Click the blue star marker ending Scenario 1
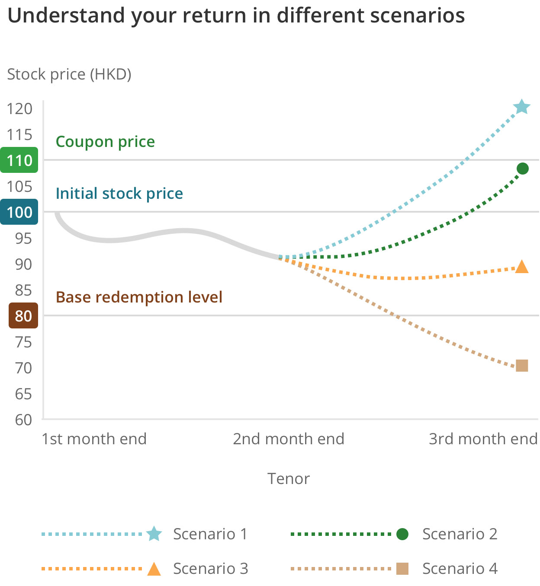(522, 107)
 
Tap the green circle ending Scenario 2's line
(522, 169)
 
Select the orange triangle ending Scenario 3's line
(522, 267)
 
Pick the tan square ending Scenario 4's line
(522, 366)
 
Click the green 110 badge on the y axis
(19, 160)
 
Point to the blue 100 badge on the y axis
(19, 212)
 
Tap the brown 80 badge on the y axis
(23, 316)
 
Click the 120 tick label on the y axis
(19, 108)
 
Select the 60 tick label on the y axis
(23, 420)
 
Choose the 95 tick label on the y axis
(23, 238)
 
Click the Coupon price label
(105, 142)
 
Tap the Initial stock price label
(119, 194)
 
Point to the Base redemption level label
(139, 297)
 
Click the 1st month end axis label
(94, 439)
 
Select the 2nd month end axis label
(289, 439)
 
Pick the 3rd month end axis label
(483, 439)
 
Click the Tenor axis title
(289, 479)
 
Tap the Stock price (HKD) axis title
(69, 74)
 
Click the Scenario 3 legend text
(210, 569)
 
